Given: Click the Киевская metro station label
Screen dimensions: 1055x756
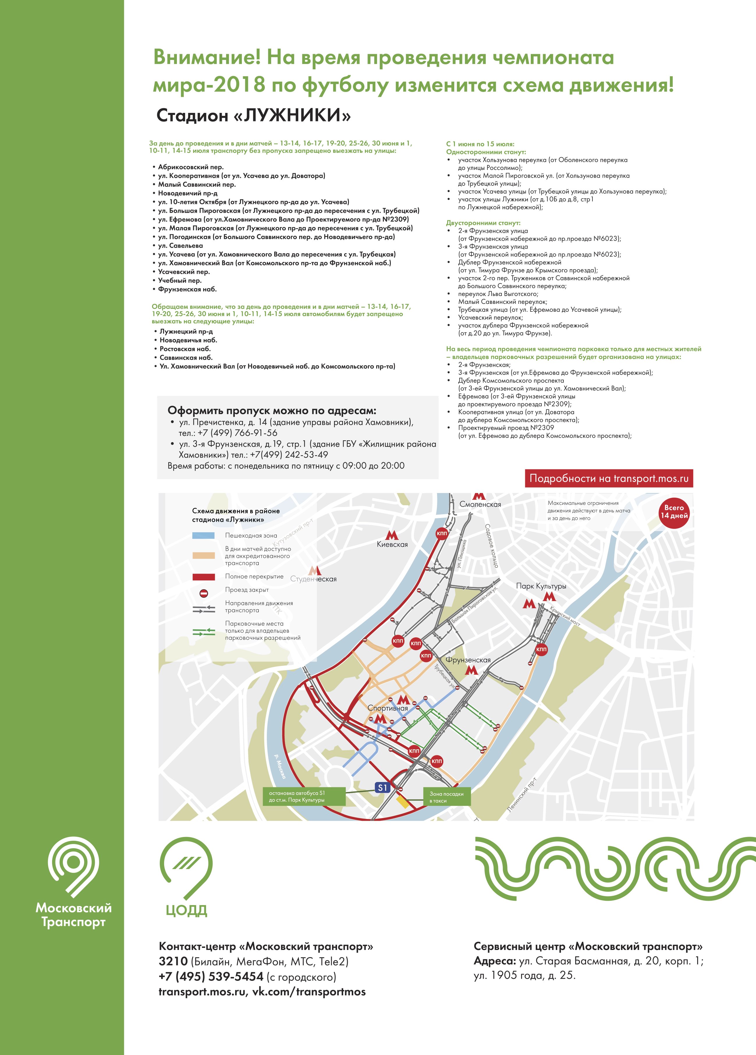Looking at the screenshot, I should pyautogui.click(x=392, y=544).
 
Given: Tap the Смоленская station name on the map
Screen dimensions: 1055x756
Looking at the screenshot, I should pyautogui.click(x=480, y=504).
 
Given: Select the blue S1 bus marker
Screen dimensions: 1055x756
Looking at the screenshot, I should pyautogui.click(x=382, y=788).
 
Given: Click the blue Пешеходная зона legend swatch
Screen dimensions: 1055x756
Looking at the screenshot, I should pyautogui.click(x=203, y=536).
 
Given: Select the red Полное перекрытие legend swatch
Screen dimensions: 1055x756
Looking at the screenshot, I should pyautogui.click(x=203, y=577).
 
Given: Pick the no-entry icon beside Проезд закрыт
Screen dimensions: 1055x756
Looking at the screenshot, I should pyautogui.click(x=203, y=593).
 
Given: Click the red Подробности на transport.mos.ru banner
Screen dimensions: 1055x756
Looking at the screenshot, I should pyautogui.click(x=608, y=478).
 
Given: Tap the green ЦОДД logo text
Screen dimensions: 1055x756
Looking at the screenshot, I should pyautogui.click(x=186, y=910).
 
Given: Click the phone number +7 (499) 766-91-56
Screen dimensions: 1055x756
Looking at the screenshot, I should pyautogui.click(x=237, y=432).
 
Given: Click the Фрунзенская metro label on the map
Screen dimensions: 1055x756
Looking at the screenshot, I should pyautogui.click(x=468, y=659).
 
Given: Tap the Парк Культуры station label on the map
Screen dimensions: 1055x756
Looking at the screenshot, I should pyautogui.click(x=541, y=586).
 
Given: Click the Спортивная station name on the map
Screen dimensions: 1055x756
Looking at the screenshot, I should pyautogui.click(x=388, y=708).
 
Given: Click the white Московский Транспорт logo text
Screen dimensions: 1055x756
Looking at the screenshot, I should pyautogui.click(x=74, y=914).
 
